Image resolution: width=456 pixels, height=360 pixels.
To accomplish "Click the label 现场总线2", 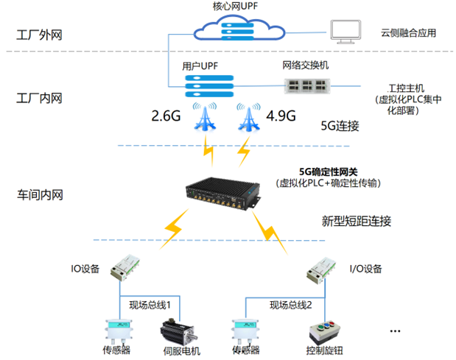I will click(291, 305).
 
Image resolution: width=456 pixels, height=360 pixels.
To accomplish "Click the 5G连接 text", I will click(340, 126).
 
